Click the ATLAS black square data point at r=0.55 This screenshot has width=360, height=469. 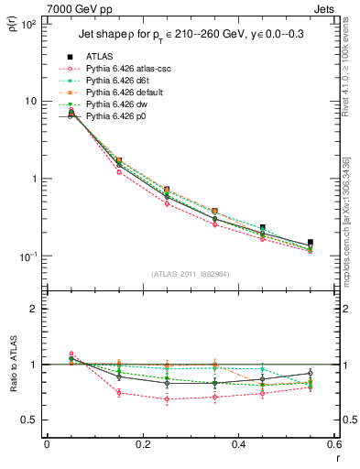311,243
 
